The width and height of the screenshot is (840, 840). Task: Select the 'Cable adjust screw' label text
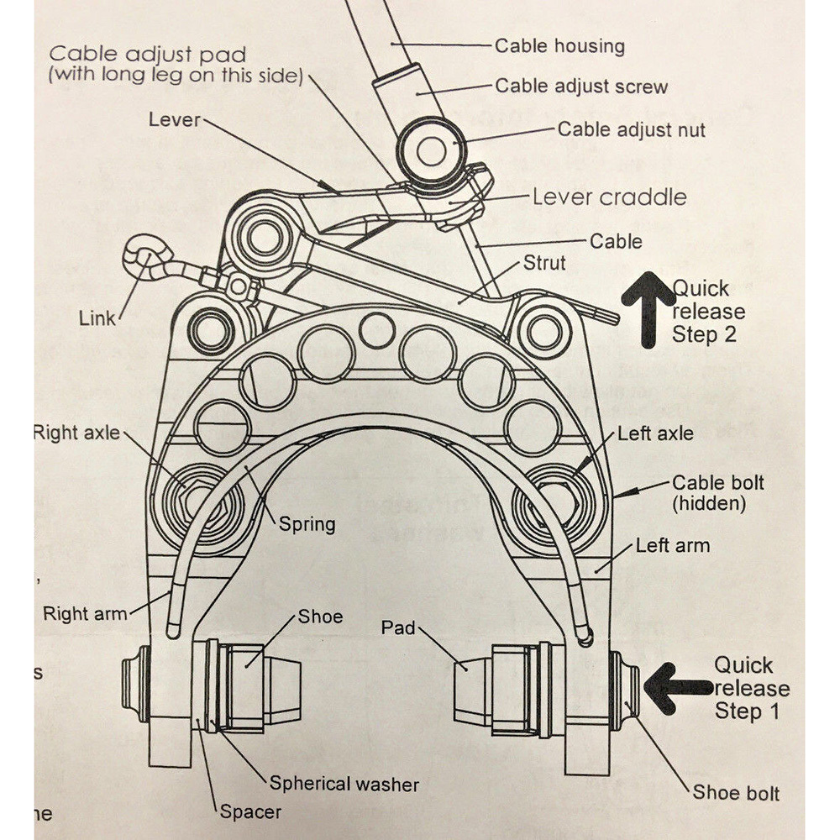581,86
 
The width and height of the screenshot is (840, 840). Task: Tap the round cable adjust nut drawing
432,152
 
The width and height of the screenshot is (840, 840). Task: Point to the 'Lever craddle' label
609,197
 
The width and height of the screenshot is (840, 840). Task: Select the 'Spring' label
307,524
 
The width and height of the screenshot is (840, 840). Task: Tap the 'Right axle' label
76,433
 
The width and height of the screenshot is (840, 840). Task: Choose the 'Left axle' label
655,433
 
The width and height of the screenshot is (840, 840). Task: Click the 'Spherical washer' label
344,784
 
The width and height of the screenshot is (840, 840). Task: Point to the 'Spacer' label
250,811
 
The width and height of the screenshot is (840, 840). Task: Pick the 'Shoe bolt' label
736,792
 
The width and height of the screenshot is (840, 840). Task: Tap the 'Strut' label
544,263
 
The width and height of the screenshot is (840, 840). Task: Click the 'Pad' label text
398,627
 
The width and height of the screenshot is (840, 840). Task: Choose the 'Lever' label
175,119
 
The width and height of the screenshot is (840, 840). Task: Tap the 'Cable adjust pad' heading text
149,55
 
